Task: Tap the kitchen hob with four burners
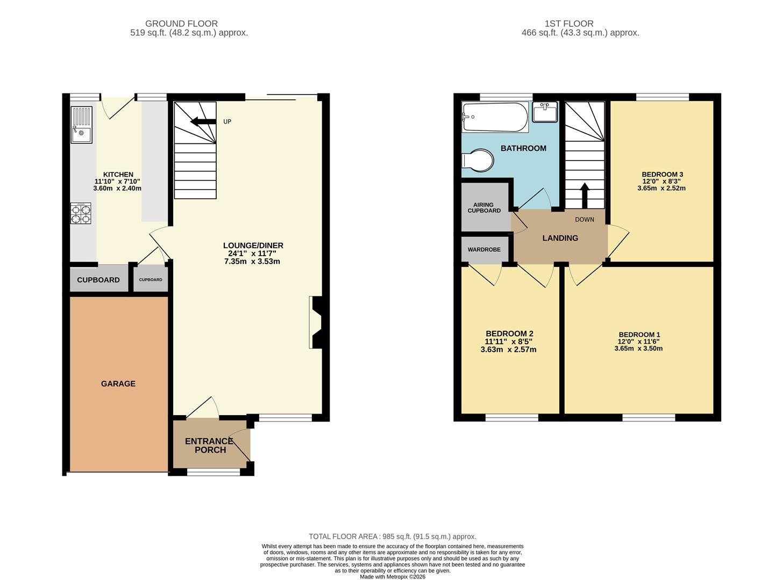point(81,213)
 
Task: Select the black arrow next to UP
point(203,121)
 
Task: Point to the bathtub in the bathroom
point(495,117)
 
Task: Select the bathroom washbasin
point(545,112)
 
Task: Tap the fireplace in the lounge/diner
point(316,323)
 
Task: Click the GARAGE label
point(118,383)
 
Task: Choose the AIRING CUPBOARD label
point(484,208)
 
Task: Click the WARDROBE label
point(484,250)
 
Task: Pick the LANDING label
point(560,238)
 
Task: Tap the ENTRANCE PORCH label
point(210,445)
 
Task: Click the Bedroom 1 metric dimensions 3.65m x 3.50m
point(638,349)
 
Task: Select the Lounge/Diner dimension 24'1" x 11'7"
point(252,253)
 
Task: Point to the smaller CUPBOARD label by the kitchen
point(151,280)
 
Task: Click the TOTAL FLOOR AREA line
point(392,536)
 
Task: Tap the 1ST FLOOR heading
point(569,24)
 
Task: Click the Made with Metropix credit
point(392,577)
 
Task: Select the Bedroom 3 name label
point(662,175)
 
